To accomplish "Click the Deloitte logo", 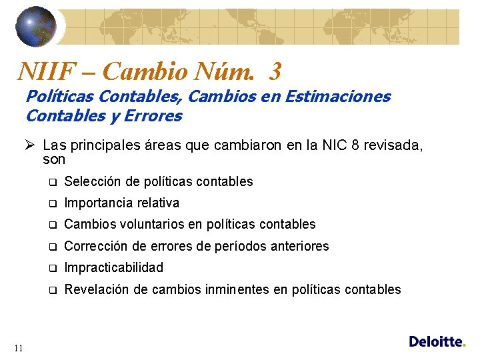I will coord(437,341).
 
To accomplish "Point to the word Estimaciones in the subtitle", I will coord(337,97).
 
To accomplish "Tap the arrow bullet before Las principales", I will coord(31,145).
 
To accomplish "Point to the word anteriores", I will coord(297,246).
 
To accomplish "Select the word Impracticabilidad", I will coord(113,267).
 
